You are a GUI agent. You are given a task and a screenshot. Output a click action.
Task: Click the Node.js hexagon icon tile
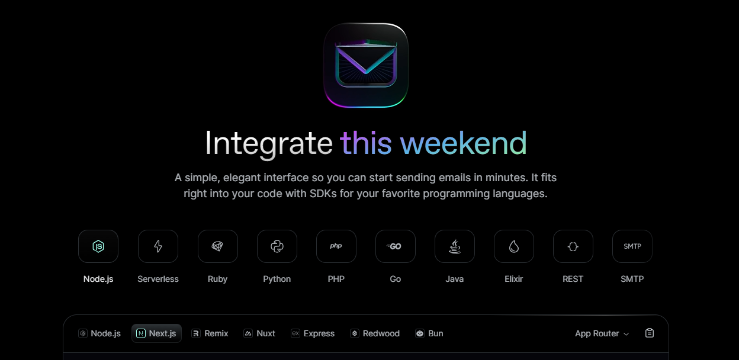[x=98, y=246]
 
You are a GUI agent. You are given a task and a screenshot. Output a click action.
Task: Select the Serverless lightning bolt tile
[x=158, y=246]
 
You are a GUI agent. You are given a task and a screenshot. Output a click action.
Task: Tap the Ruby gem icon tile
[x=218, y=246]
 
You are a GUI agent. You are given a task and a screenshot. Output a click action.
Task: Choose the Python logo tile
[x=277, y=246]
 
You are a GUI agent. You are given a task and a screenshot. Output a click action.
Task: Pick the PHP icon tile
[x=336, y=246]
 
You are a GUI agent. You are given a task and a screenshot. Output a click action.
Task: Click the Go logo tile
[x=396, y=246]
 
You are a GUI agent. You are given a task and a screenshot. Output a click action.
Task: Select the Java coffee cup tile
[x=455, y=246]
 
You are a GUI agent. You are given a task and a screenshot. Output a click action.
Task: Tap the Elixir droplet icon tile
[x=514, y=246]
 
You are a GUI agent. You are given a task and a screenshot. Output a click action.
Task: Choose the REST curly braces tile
[x=573, y=246]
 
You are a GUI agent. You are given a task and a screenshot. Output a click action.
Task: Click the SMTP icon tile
[x=632, y=246]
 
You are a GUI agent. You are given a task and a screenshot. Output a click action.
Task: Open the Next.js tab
[x=156, y=333]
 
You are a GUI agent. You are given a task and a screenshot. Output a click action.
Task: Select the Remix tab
[x=210, y=333]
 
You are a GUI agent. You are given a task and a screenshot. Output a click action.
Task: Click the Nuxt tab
[x=259, y=333]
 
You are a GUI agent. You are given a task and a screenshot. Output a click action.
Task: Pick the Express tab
[x=313, y=333]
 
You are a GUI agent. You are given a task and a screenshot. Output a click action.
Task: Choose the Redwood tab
[x=375, y=333]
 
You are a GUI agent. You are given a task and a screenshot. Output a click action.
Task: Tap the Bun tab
[x=429, y=333]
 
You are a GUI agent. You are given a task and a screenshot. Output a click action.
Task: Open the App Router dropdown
[x=602, y=333]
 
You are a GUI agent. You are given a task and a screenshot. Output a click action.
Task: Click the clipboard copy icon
[x=649, y=333]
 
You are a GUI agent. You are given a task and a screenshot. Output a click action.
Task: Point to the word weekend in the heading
[x=463, y=143]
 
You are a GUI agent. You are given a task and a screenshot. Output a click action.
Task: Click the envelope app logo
[x=366, y=65]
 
